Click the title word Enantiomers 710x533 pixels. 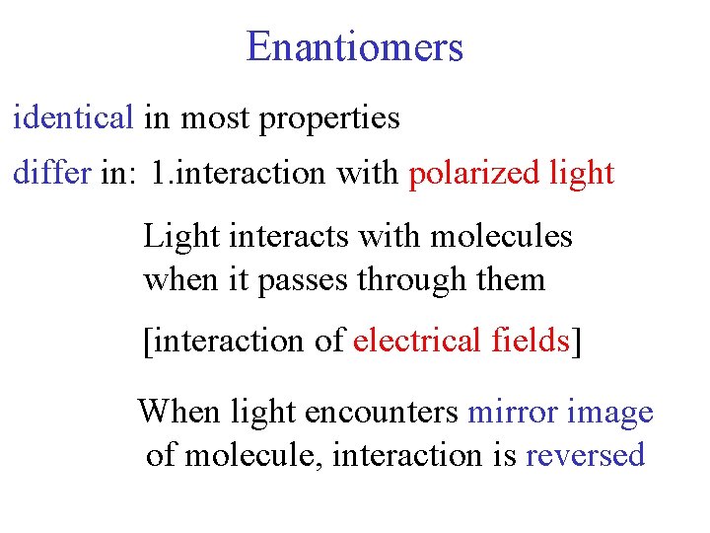pyautogui.click(x=354, y=46)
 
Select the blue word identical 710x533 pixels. pyautogui.click(x=72, y=118)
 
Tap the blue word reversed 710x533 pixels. pyautogui.click(x=586, y=455)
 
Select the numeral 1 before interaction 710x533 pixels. pyautogui.click(x=159, y=174)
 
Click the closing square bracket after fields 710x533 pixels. pyautogui.click(x=576, y=342)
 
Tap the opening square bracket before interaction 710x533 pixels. pyautogui.click(x=148, y=342)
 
